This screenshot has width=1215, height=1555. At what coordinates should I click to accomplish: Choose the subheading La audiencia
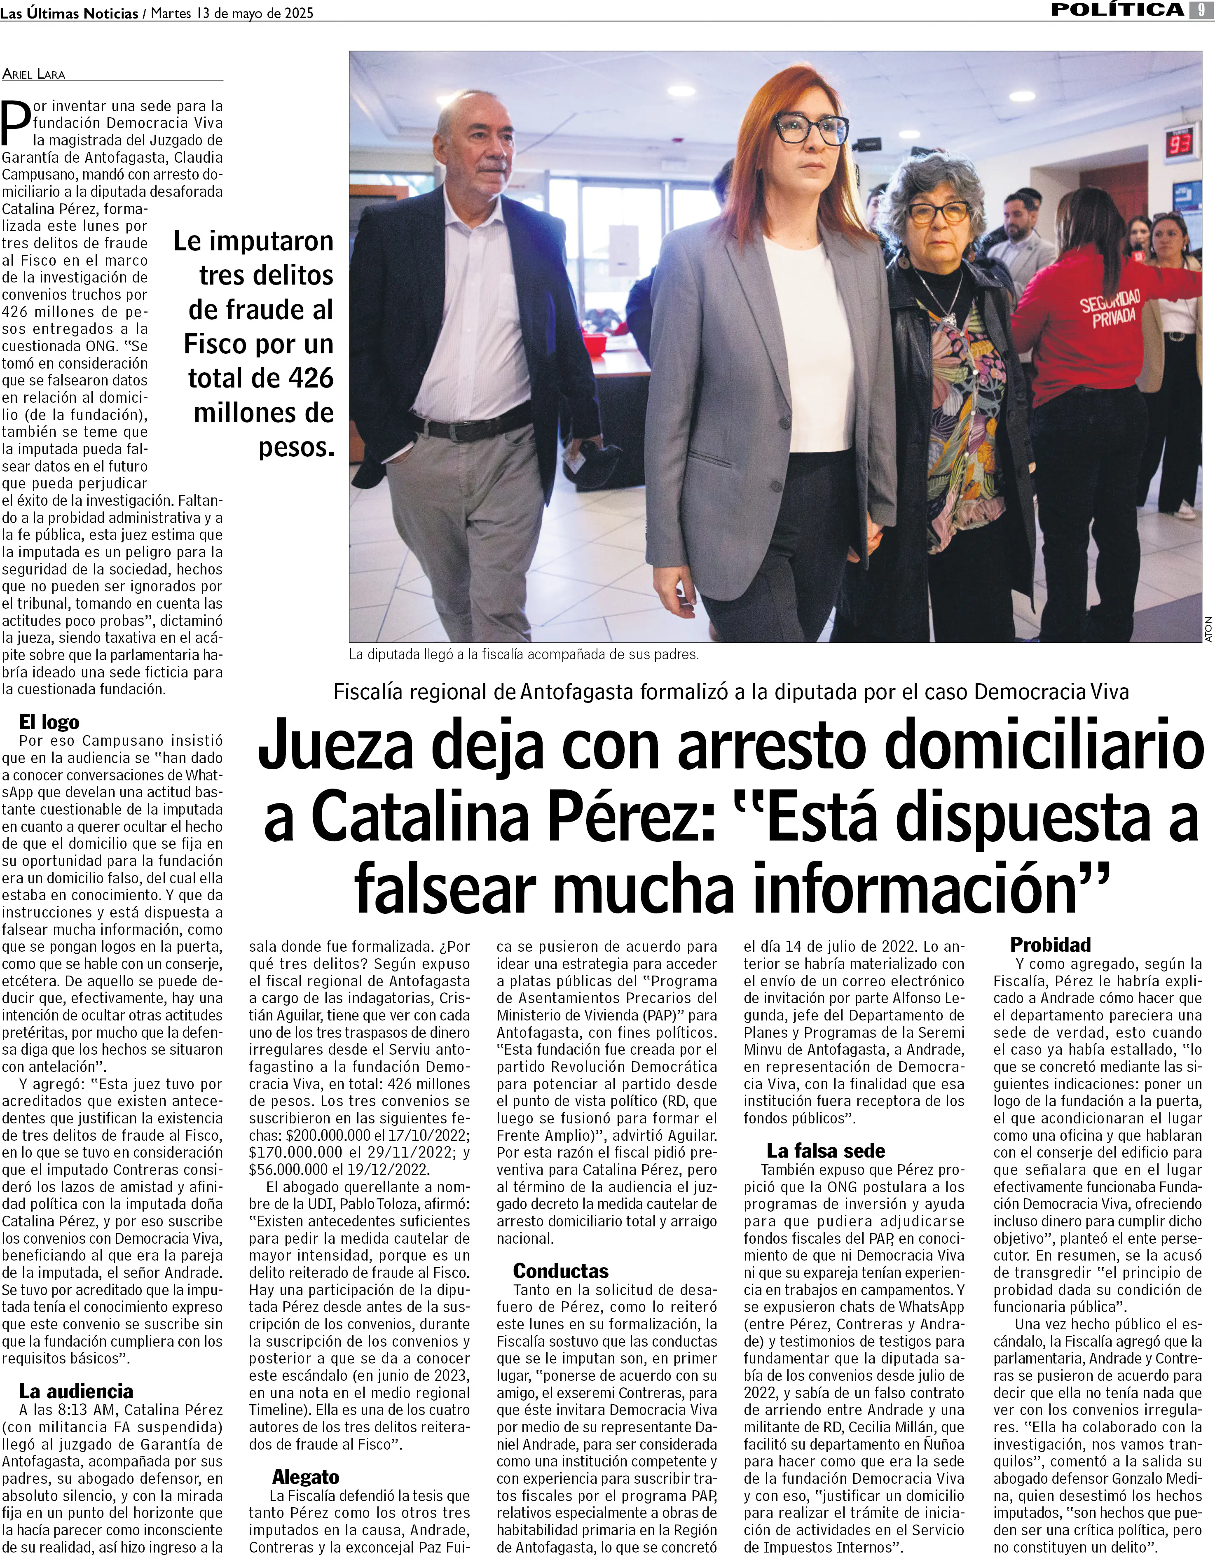(75, 1391)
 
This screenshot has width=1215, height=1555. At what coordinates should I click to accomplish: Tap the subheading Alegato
(306, 1478)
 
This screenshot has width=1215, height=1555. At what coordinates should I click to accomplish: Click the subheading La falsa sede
(825, 1151)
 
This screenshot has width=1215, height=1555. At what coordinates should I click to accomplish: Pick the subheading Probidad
(1051, 945)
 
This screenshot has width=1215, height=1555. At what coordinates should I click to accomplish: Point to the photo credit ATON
(1208, 629)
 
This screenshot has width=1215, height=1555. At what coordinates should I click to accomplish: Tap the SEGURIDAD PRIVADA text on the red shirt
(1111, 308)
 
